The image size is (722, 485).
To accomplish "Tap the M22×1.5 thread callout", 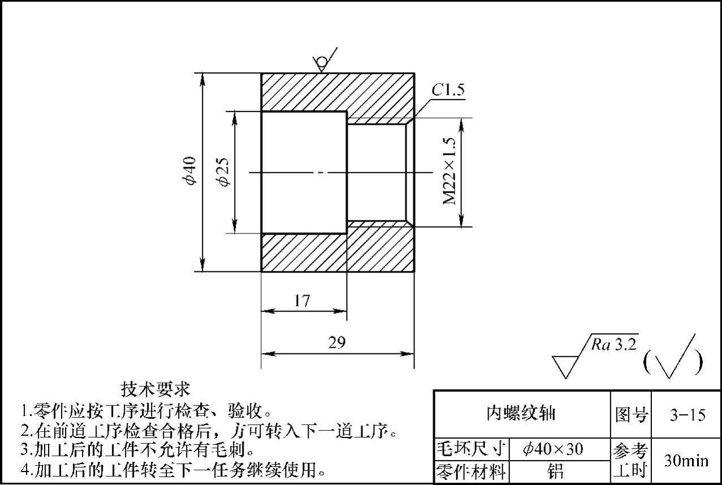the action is coord(450,172).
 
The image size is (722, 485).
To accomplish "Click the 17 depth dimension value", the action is coord(302,301).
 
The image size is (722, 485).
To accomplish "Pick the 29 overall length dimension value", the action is coord(336,343).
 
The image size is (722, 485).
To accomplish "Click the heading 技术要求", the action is coord(155,389).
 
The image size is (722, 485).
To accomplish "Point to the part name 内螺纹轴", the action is coord(521,414).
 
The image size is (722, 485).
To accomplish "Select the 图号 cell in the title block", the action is coord(631,415).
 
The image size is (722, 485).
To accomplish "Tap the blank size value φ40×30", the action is coord(553,449).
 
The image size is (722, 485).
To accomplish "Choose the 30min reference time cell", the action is coord(686,461).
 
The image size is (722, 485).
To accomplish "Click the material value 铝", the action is coord(556,471).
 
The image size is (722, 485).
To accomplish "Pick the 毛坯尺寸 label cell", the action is coord(470,449).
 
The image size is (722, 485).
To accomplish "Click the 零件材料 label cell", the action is coord(470,471).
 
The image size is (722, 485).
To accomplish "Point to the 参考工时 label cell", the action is coord(631,460).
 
